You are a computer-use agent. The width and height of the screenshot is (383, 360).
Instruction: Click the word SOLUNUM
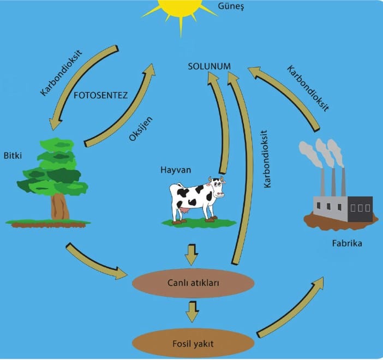click(x=209, y=66)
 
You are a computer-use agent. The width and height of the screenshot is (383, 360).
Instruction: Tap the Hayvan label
click(x=176, y=170)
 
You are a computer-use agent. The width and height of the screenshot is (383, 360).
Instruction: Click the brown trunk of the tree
click(x=59, y=206)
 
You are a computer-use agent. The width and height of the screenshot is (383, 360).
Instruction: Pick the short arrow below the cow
click(x=192, y=253)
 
